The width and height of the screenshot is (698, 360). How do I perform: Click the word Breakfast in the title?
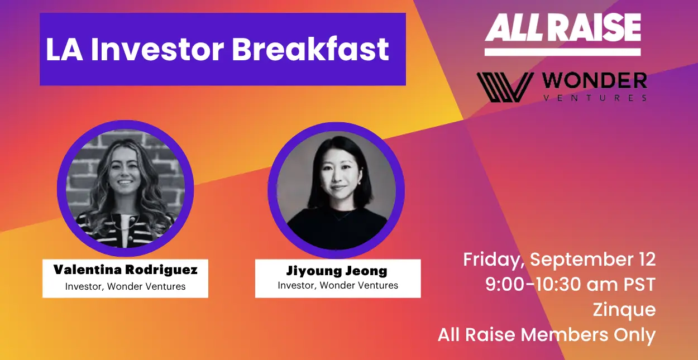310,49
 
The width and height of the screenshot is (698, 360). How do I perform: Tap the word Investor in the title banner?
157,49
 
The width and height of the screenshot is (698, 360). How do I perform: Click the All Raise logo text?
563,27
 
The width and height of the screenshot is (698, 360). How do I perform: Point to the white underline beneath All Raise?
563,52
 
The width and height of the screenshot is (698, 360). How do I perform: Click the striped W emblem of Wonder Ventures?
505,87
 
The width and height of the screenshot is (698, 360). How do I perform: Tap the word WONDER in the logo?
595,81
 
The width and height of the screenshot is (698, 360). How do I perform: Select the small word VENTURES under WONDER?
595,98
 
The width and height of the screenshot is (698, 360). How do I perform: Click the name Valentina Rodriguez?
125,270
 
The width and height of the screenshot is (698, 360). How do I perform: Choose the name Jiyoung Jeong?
337,271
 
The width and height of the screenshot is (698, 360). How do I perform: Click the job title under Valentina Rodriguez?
125,286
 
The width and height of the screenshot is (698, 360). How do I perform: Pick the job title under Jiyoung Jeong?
338,285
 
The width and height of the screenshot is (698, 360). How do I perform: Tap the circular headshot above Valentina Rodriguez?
125,189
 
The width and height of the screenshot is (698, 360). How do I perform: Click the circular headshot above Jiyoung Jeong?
336,190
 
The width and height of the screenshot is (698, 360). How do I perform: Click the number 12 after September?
646,259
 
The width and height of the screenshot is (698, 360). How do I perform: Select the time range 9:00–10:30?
533,285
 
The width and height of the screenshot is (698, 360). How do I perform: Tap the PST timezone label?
639,285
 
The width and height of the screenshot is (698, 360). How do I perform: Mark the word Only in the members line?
635,335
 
